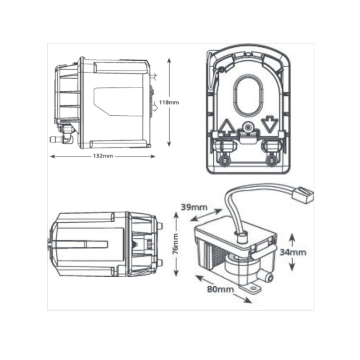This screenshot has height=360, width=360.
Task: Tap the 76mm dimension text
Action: point(176,244)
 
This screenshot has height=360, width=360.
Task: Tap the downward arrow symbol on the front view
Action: point(269,124)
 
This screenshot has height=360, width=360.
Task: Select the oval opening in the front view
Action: point(247,95)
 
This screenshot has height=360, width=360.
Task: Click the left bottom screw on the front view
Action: point(224,160)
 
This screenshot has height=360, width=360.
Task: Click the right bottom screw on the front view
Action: point(270,160)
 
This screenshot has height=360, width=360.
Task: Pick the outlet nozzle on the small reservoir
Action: point(269,274)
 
